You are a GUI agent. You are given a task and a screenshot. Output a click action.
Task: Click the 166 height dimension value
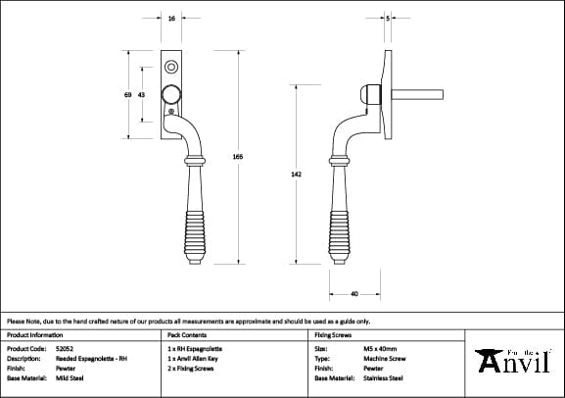point(238,157)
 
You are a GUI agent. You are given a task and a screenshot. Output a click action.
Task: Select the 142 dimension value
point(296,174)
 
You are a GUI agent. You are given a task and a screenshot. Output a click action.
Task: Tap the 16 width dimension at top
point(172,19)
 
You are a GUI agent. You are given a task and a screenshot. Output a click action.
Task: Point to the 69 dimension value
point(128,94)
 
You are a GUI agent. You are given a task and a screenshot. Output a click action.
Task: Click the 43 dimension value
point(142,94)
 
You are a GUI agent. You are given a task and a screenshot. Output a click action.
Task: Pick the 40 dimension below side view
point(353,292)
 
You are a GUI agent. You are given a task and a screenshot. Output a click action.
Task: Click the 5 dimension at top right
point(388,19)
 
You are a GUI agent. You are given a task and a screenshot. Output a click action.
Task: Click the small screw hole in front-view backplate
point(172,68)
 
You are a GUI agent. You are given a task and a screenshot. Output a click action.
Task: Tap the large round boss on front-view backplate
point(171,94)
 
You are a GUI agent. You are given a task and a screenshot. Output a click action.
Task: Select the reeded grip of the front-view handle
point(196,221)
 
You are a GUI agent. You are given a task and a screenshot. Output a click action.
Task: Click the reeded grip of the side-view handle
point(341,221)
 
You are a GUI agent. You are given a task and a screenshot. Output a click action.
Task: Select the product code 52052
point(66,348)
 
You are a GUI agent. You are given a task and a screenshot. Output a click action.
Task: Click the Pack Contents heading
point(181,334)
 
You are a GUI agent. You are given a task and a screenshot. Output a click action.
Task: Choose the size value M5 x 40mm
point(379,348)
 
